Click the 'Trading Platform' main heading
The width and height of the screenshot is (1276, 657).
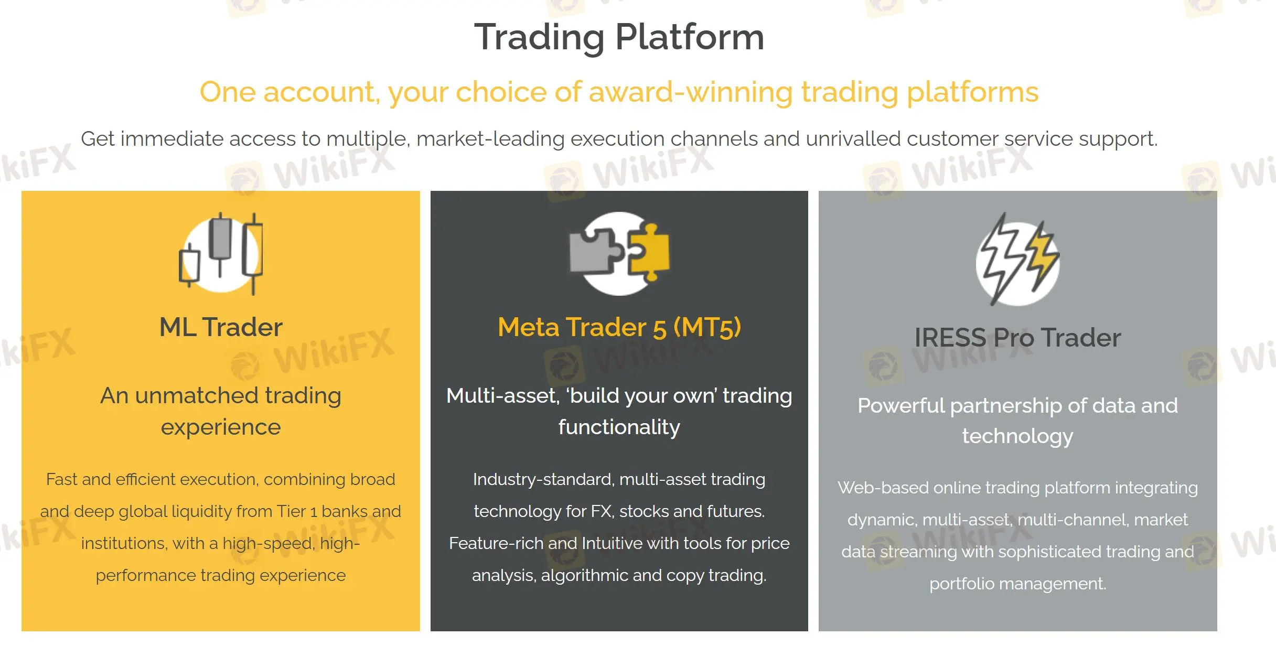619,37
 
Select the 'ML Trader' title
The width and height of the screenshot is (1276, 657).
221,327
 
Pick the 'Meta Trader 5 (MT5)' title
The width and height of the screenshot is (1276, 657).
619,327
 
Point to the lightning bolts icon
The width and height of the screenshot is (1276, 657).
1017,260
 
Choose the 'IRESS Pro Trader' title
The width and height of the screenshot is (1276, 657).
1017,338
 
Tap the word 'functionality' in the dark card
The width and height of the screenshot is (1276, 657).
619,427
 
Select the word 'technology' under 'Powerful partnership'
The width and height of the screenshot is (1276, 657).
1017,436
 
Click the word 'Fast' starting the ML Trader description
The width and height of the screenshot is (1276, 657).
61,479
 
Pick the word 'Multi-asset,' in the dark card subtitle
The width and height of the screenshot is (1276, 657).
502,396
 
